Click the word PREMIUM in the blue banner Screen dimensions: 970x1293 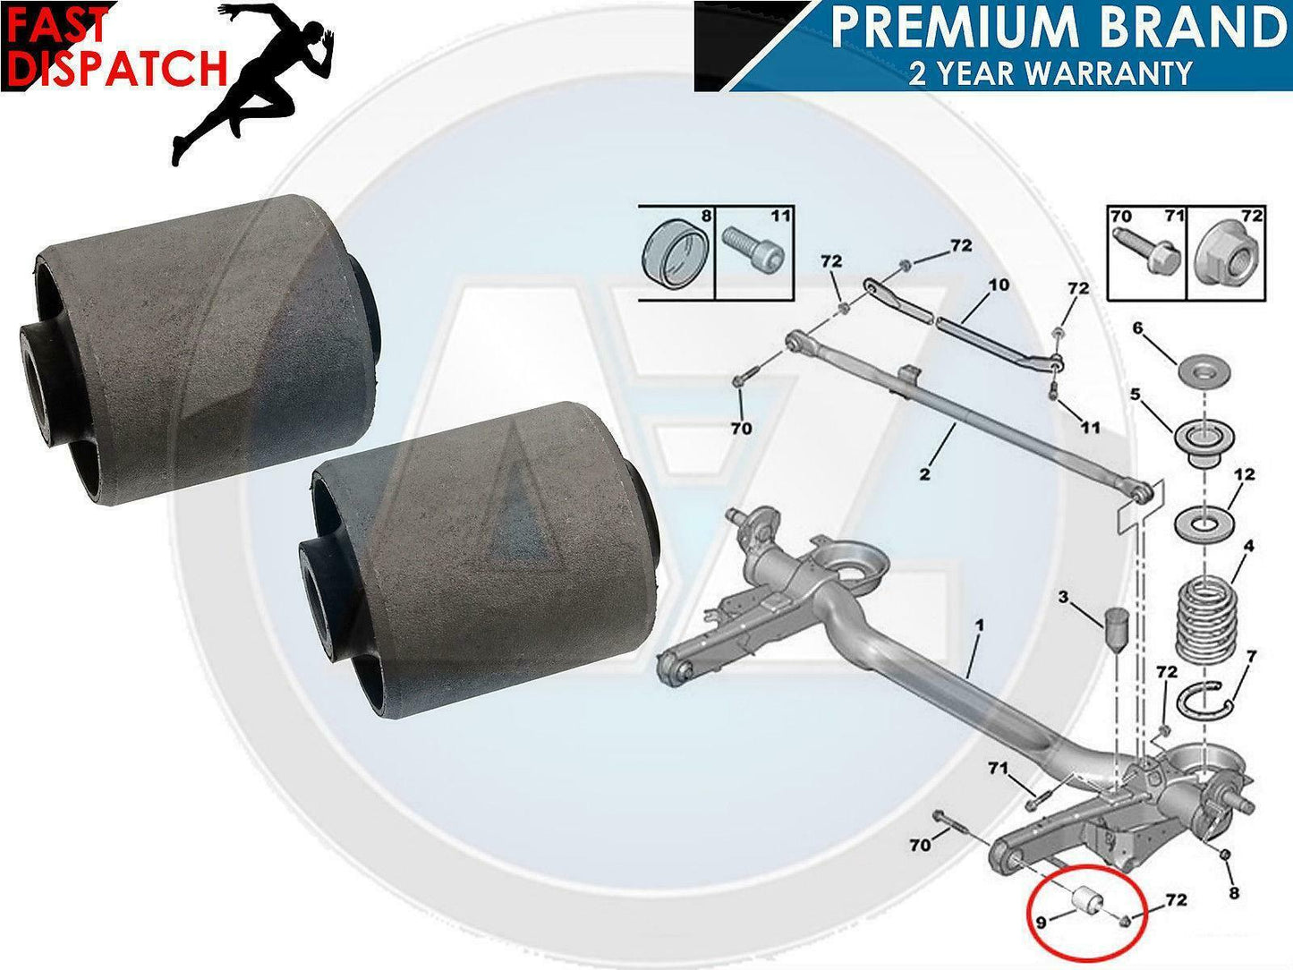(948, 30)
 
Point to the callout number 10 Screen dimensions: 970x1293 (998, 285)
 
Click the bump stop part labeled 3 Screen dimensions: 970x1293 (1115, 633)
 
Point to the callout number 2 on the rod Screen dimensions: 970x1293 (924, 473)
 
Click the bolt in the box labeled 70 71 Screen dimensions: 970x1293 (1144, 253)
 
